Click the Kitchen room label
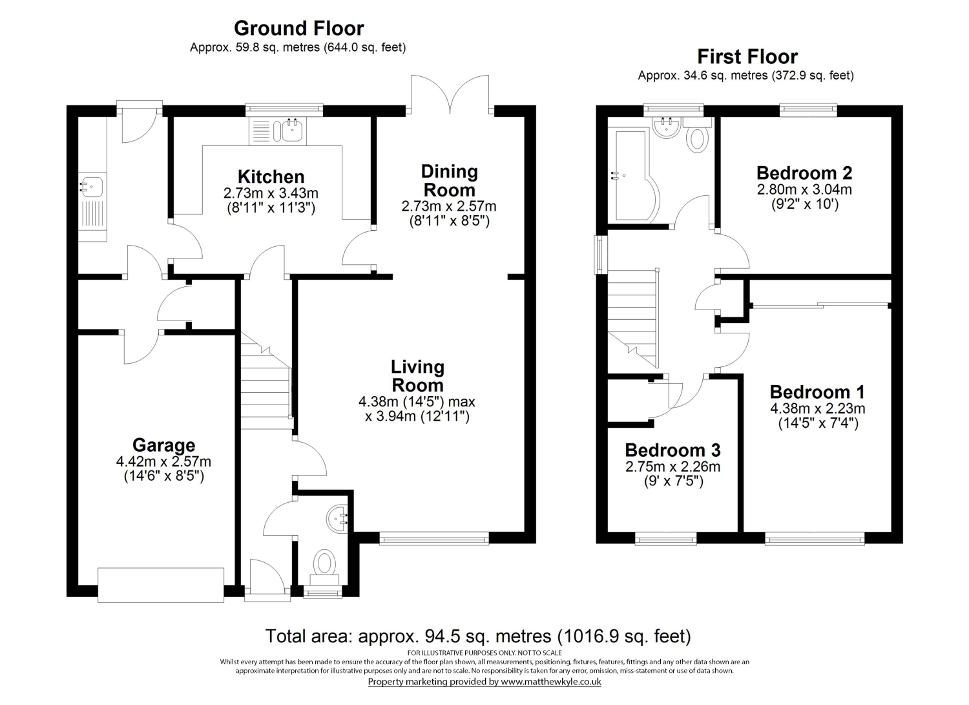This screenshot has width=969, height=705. (271, 177)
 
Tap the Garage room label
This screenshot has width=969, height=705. (163, 445)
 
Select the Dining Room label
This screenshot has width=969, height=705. (449, 181)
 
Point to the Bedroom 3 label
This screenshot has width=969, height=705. (672, 450)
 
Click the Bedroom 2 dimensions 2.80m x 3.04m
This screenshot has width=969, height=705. (804, 190)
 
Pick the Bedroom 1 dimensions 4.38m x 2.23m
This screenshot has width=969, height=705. (817, 408)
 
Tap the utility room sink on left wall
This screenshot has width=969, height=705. (91, 187)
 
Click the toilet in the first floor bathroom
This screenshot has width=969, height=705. (698, 138)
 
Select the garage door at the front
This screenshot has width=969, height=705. (161, 585)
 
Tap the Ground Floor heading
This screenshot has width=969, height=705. (298, 28)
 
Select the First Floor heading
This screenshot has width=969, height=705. (747, 57)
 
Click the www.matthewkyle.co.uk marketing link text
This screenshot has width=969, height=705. (551, 682)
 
